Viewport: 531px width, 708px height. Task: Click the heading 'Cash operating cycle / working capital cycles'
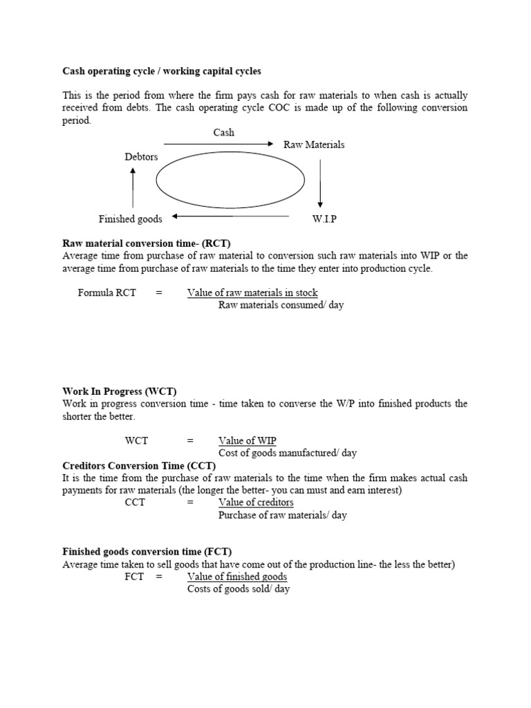pyautogui.click(x=162, y=71)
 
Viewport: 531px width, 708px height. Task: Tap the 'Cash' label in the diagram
pyautogui.click(x=223, y=132)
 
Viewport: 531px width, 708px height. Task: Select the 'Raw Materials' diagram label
pyautogui.click(x=314, y=145)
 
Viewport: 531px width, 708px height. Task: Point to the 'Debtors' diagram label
pyautogui.click(x=141, y=157)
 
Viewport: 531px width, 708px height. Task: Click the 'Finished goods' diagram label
pyautogui.click(x=130, y=219)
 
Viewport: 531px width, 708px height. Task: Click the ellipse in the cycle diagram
pyautogui.click(x=230, y=181)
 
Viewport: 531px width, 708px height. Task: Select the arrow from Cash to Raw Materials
pyautogui.click(x=218, y=144)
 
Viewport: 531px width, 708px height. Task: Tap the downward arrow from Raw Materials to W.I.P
pyautogui.click(x=319, y=183)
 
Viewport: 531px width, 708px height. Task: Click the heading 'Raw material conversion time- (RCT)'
pyautogui.click(x=147, y=243)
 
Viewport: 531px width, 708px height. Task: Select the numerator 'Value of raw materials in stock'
pyautogui.click(x=252, y=292)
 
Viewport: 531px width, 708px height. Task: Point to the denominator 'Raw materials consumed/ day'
pyautogui.click(x=281, y=305)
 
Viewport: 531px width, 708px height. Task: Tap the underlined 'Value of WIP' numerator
pyautogui.click(x=248, y=440)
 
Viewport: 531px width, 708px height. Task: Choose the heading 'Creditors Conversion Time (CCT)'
pyautogui.click(x=139, y=465)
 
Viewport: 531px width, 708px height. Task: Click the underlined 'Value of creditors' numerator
pyautogui.click(x=256, y=502)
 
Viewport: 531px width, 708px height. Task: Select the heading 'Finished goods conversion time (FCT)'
pyautogui.click(x=147, y=552)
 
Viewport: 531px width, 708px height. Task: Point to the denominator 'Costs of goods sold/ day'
pyautogui.click(x=239, y=589)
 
